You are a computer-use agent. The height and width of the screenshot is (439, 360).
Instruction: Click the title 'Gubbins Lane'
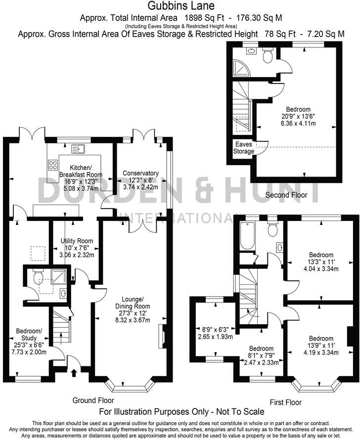180,6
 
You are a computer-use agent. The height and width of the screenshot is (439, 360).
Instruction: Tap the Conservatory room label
140,173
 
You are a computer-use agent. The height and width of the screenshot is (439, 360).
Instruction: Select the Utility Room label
77,241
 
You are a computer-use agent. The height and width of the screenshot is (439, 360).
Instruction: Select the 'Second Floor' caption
286,195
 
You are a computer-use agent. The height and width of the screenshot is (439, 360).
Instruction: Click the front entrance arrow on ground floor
74,371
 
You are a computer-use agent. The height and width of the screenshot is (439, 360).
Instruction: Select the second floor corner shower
240,68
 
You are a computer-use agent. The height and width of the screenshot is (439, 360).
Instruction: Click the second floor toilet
268,56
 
